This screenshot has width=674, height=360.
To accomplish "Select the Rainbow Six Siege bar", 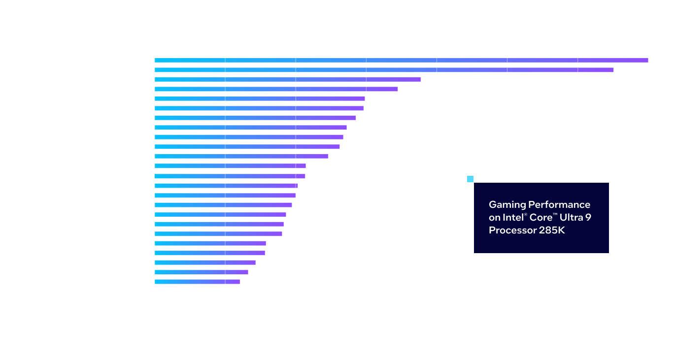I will pyautogui.click(x=384, y=70).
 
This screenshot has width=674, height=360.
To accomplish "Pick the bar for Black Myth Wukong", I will pyautogui.click(x=197, y=282).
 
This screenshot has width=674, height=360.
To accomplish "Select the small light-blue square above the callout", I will pyautogui.click(x=470, y=179).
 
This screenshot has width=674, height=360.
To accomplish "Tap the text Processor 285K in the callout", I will pyautogui.click(x=527, y=230).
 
